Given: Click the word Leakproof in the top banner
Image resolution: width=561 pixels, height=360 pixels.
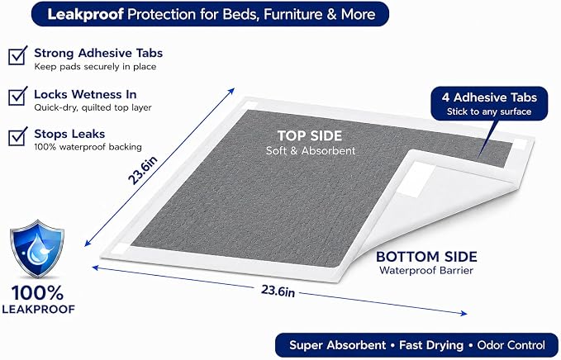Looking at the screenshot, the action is pyautogui.click(x=85, y=14).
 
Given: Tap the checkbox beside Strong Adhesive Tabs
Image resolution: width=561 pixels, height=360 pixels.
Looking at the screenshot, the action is pyautogui.click(x=17, y=55).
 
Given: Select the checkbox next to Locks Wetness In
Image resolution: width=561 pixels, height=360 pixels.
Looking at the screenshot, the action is pyautogui.click(x=17, y=96).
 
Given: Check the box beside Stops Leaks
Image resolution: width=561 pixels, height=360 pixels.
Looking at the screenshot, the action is pyautogui.click(x=17, y=136).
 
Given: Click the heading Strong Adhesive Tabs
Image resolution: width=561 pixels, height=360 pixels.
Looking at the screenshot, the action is pyautogui.click(x=98, y=53).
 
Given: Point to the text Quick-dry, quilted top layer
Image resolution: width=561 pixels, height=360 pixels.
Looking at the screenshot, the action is pyautogui.click(x=93, y=107).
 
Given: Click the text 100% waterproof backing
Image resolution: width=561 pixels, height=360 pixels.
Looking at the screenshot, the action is pyautogui.click(x=88, y=147).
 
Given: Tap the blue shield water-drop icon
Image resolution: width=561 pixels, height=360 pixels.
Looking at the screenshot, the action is pyautogui.click(x=37, y=249).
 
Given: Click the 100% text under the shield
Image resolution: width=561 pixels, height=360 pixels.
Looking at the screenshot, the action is pyautogui.click(x=37, y=293).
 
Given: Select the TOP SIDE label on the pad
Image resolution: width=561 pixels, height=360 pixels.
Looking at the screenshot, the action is pyautogui.click(x=310, y=136).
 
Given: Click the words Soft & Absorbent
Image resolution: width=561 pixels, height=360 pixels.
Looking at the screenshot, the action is pyautogui.click(x=311, y=150).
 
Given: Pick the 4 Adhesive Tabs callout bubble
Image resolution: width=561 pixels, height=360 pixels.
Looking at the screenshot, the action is pyautogui.click(x=489, y=104).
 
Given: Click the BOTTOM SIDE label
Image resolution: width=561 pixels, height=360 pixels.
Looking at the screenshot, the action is pyautogui.click(x=426, y=257).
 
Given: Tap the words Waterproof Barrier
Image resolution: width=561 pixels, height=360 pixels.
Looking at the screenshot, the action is pyautogui.click(x=426, y=270).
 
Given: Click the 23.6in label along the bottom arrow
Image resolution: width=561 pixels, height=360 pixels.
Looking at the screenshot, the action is pyautogui.click(x=278, y=291).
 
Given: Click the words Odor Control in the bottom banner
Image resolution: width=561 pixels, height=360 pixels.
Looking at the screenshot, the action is pyautogui.click(x=511, y=345).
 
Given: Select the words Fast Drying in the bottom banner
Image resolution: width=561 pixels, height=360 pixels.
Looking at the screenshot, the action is pyautogui.click(x=431, y=345).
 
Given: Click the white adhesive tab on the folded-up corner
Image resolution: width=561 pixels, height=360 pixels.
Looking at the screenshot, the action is pyautogui.click(x=411, y=179).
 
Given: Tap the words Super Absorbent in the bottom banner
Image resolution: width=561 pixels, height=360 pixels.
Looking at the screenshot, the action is pyautogui.click(x=337, y=345).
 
